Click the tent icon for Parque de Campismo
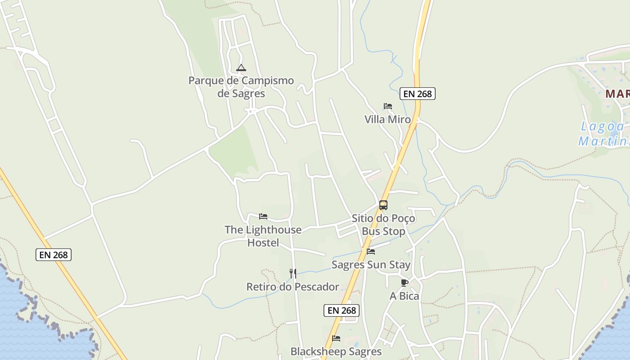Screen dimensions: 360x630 click(x=241, y=68)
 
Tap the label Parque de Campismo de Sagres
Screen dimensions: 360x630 click(x=241, y=87)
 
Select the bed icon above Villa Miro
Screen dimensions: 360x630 click(x=388, y=106)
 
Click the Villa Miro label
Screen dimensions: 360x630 click(x=387, y=119)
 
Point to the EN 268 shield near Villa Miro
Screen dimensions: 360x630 click(x=418, y=94)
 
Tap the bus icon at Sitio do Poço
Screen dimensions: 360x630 click(x=383, y=205)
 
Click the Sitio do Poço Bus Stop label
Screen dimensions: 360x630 click(x=383, y=225)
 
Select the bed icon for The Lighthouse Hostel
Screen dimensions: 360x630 click(x=263, y=216)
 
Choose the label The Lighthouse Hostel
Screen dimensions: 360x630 click(x=263, y=236)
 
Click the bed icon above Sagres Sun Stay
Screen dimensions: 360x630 click(x=371, y=252)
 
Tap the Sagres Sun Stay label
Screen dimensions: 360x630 click(x=371, y=265)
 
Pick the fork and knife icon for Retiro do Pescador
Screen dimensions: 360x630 click(x=292, y=273)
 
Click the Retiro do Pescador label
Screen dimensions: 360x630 click(x=292, y=287)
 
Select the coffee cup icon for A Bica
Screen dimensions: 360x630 click(x=404, y=283)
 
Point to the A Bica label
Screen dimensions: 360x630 click(x=404, y=296)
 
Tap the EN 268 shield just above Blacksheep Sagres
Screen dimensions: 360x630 click(x=342, y=310)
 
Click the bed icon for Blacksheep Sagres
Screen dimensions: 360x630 click(x=336, y=338)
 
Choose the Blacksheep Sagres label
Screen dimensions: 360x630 click(x=336, y=351)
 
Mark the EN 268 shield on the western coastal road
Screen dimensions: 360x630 click(x=54, y=255)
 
